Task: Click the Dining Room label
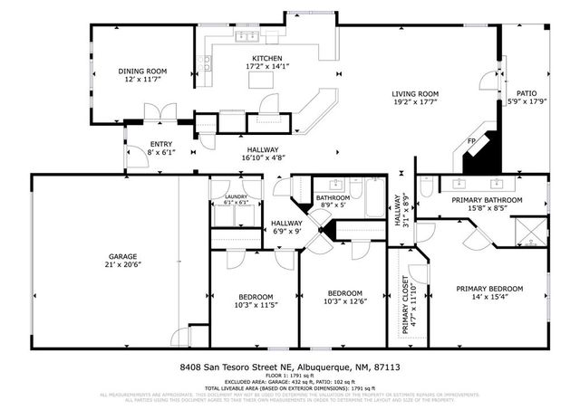pyautogui.click(x=143, y=71)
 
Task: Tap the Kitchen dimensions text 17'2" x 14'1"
pyautogui.click(x=254, y=66)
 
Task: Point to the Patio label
pyautogui.click(x=527, y=92)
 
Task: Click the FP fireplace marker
pyautogui.click(x=471, y=141)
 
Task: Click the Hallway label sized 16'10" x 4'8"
pyautogui.click(x=259, y=150)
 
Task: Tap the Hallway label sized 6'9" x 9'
pyautogui.click(x=286, y=223)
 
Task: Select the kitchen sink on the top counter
pyautogui.click(x=246, y=37)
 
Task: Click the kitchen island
pyautogui.click(x=264, y=80)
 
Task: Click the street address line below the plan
pyautogui.click(x=290, y=367)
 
